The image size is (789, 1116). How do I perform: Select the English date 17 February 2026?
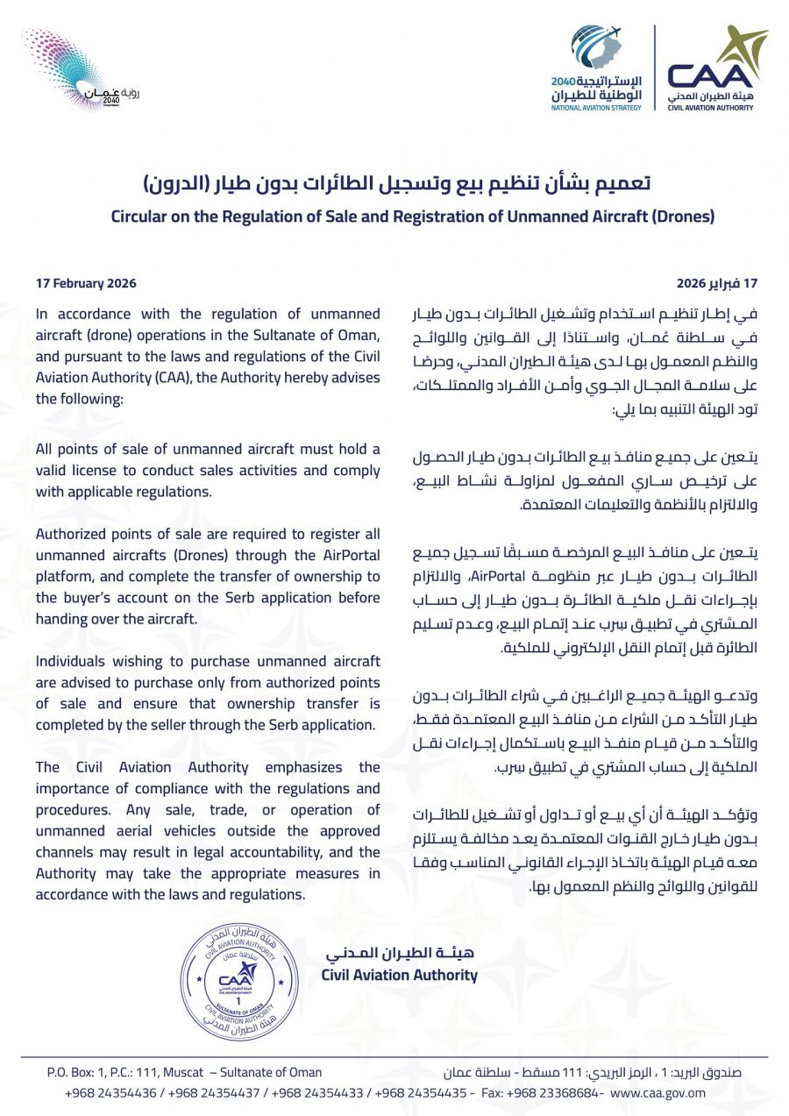point(86,284)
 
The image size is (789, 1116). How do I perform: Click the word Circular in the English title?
point(139,216)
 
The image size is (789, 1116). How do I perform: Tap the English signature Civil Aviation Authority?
point(399,975)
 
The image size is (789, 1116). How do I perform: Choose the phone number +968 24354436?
point(110,1092)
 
